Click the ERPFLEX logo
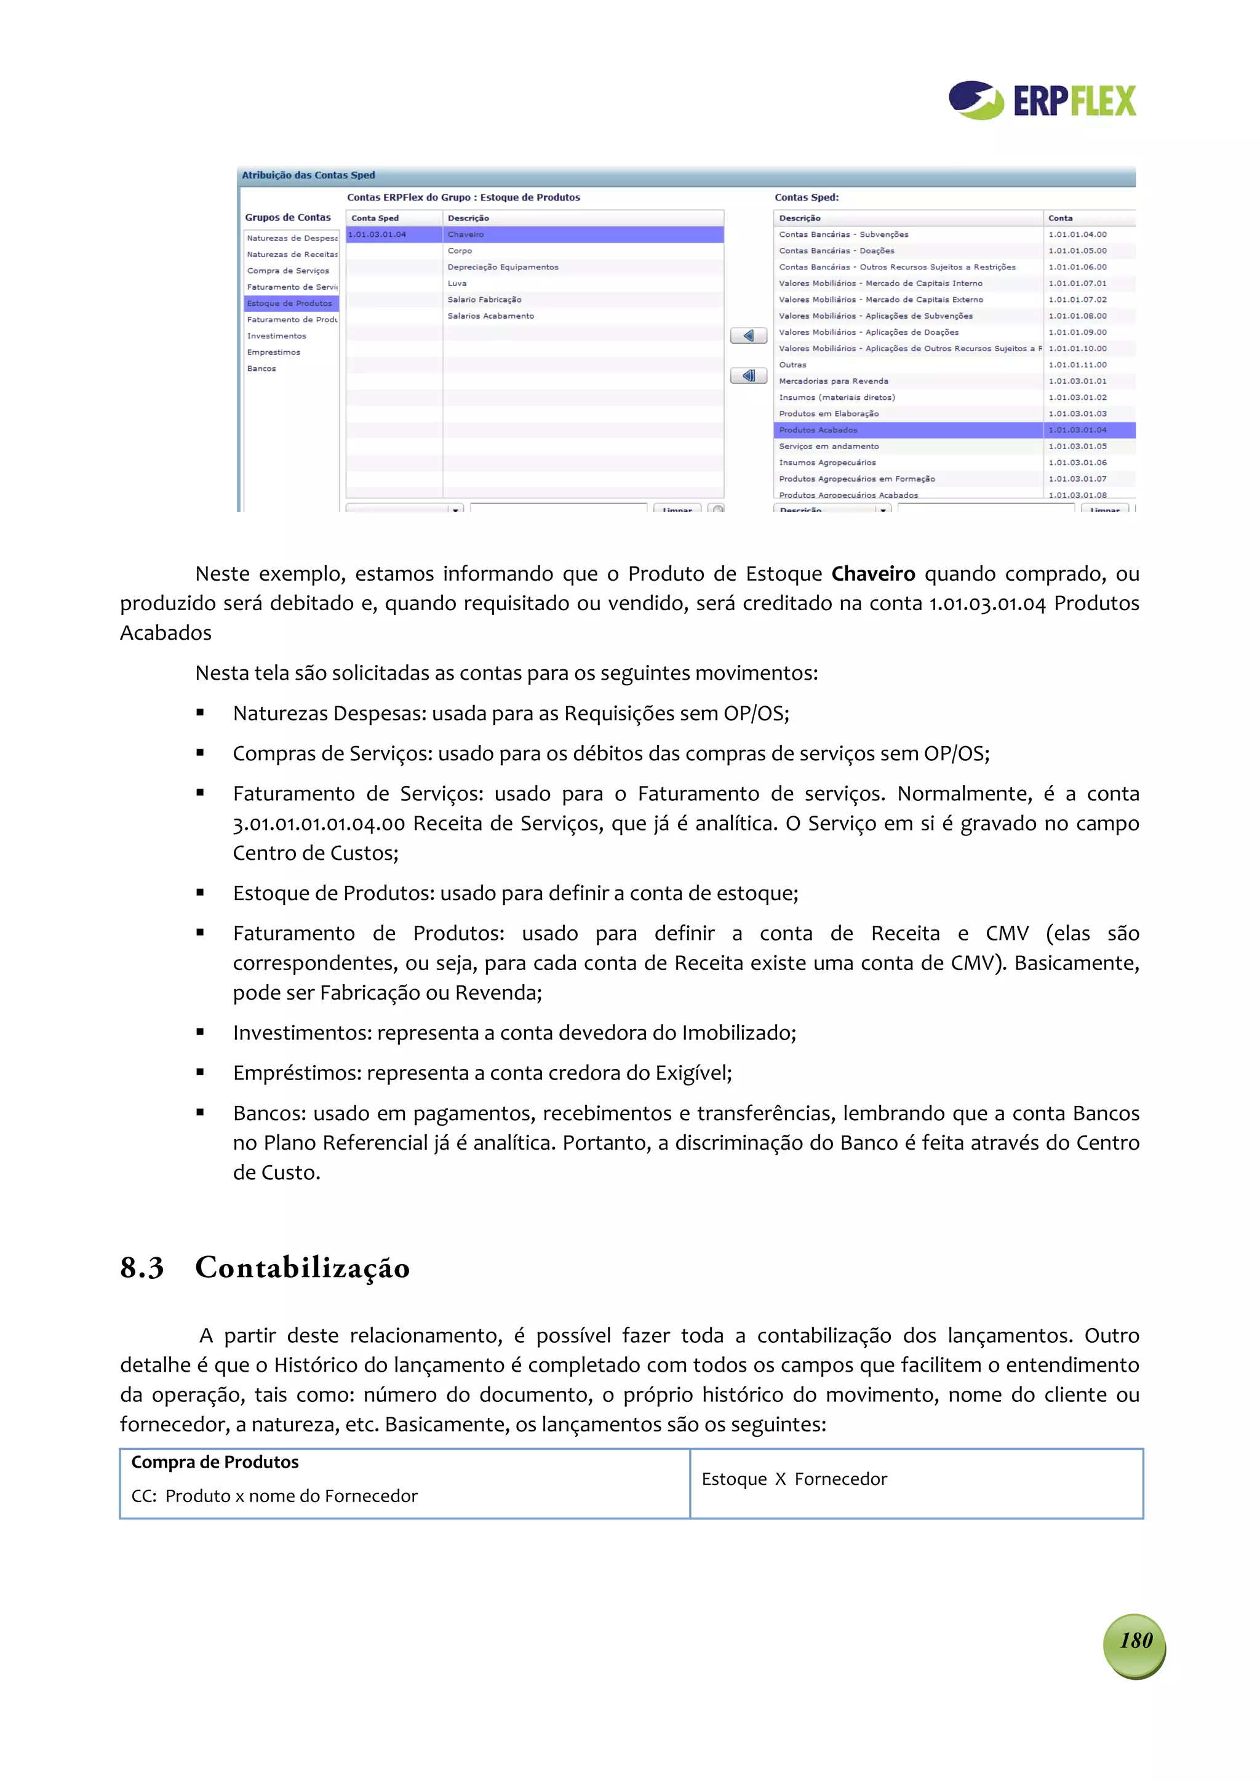tap(1041, 101)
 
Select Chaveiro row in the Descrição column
tap(466, 234)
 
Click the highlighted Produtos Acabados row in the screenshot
tap(818, 430)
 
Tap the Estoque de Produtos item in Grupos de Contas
tap(290, 303)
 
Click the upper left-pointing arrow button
tap(748, 335)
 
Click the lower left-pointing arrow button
tap(748, 376)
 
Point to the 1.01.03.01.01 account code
tap(1077, 381)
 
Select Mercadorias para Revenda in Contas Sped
tap(833, 381)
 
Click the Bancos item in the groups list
tap(261, 368)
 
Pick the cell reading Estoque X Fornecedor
tap(794, 1479)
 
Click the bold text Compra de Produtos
tap(215, 1462)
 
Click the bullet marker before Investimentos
tap(201, 1032)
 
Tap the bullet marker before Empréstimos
tap(201, 1073)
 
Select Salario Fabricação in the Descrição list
tap(484, 300)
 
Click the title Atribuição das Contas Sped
tap(308, 175)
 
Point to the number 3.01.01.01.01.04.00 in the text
tap(318, 824)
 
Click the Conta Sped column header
tap(375, 218)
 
